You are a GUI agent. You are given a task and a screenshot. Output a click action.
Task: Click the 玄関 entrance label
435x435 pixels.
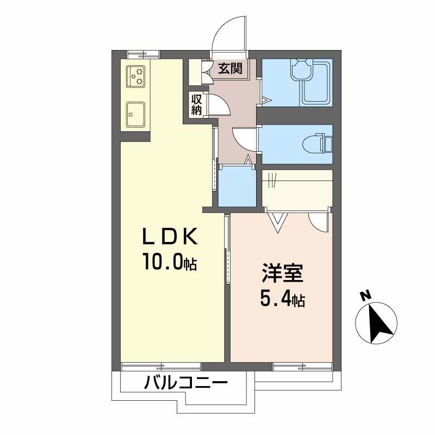pyautogui.click(x=229, y=69)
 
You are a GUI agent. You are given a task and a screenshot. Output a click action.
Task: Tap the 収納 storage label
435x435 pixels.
pyautogui.click(x=196, y=104)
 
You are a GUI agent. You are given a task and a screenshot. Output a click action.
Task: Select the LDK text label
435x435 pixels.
pyautogui.click(x=169, y=237)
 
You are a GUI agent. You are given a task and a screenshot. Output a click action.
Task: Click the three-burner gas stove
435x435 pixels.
pyautogui.click(x=136, y=76)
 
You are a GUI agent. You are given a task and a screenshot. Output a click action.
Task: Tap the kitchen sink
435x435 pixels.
pyautogui.click(x=135, y=114)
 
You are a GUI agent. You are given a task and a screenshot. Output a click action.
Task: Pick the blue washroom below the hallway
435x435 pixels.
pyautogui.click(x=237, y=187)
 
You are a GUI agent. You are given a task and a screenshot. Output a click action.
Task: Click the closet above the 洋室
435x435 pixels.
pyautogui.click(x=297, y=188)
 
